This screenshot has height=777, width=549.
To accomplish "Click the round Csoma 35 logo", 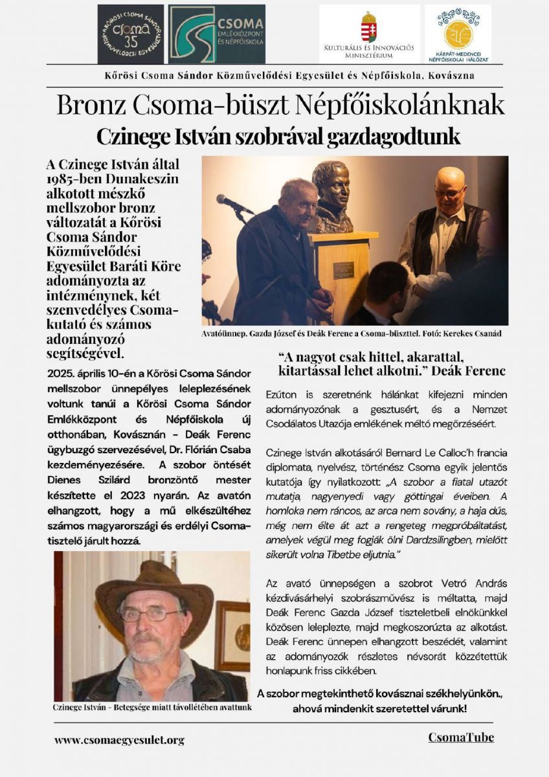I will pos(130,34).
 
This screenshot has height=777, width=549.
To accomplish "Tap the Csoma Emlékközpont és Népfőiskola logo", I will pos(217,34).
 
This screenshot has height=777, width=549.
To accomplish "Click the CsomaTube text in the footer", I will pos(460,738).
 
